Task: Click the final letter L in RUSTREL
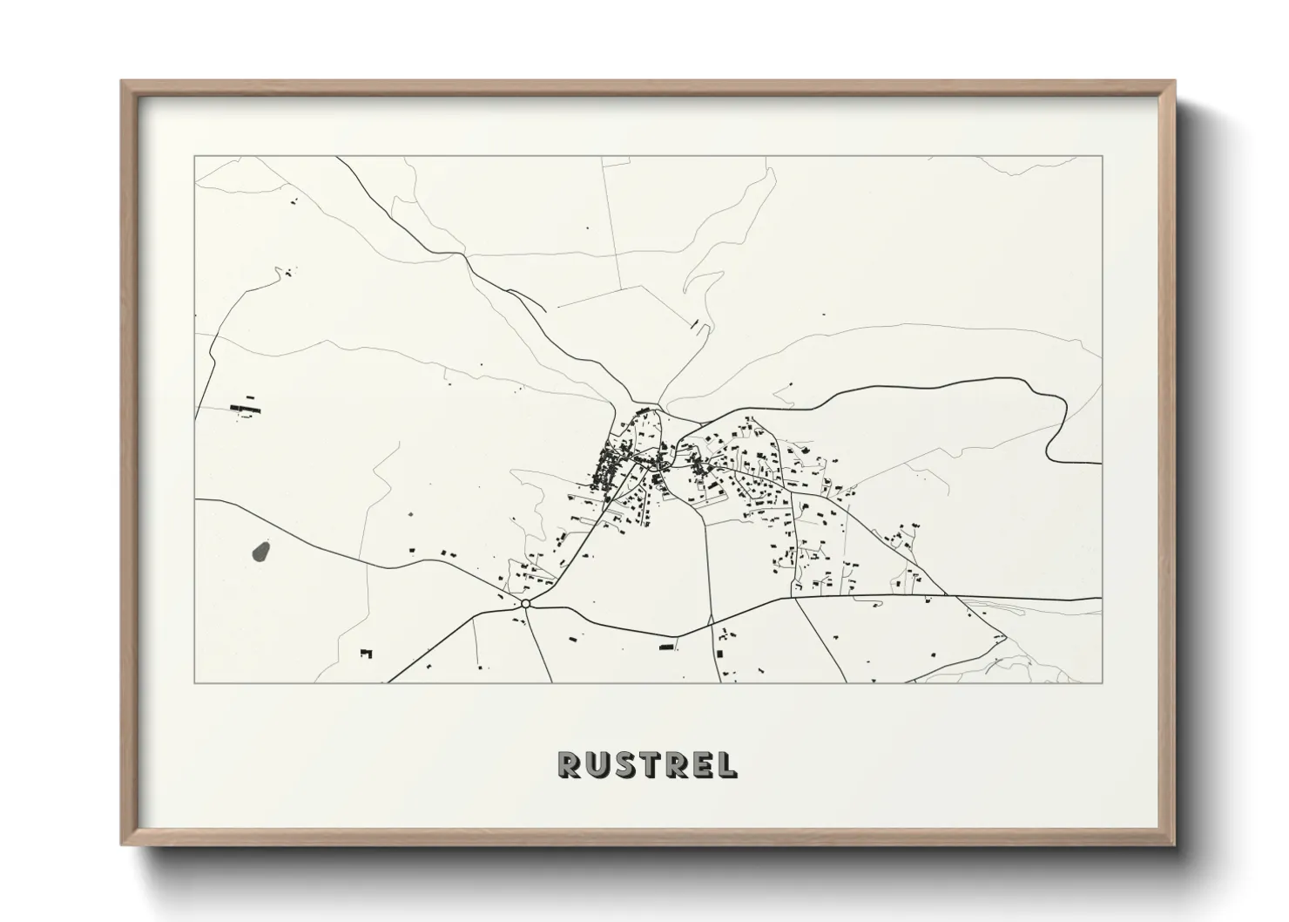(725, 764)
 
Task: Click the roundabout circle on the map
(526, 603)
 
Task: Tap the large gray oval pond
(260, 551)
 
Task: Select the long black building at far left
(245, 406)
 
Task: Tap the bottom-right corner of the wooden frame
(1175, 844)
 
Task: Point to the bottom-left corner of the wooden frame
(123, 844)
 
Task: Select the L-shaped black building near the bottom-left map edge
(366, 652)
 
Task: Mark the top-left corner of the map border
(194, 157)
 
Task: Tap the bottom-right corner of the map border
(1103, 682)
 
